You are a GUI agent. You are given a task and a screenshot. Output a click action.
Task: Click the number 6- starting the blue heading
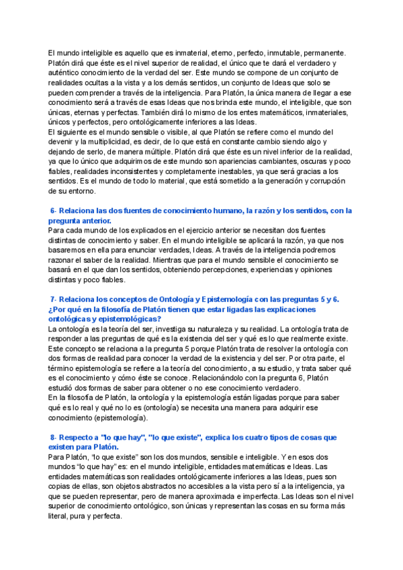tap(55, 211)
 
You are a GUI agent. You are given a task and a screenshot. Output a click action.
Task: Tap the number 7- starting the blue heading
tap(55, 299)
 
